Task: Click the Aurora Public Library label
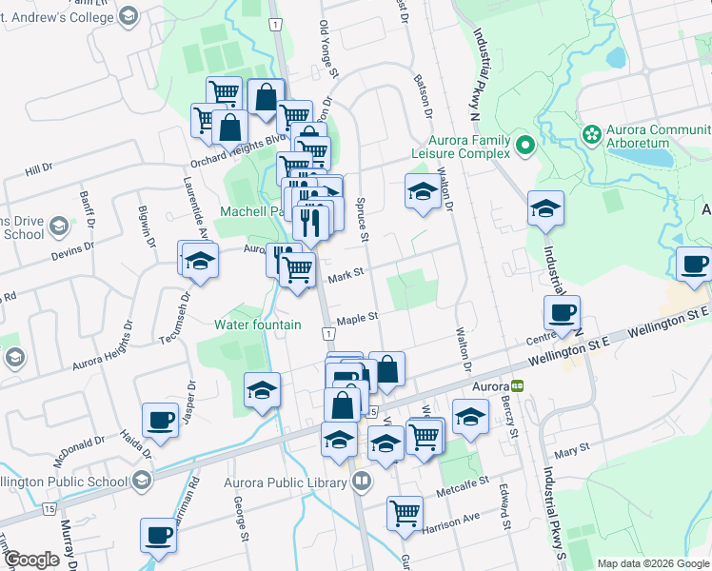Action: tap(285, 482)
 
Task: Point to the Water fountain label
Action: tap(257, 325)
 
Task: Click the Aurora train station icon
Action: tap(517, 387)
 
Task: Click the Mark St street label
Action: tap(346, 276)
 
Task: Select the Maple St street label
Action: tap(358, 319)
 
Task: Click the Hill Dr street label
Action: tap(39, 169)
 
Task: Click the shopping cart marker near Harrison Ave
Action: tap(405, 512)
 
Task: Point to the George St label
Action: tap(244, 515)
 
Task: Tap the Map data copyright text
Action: tap(652, 563)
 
